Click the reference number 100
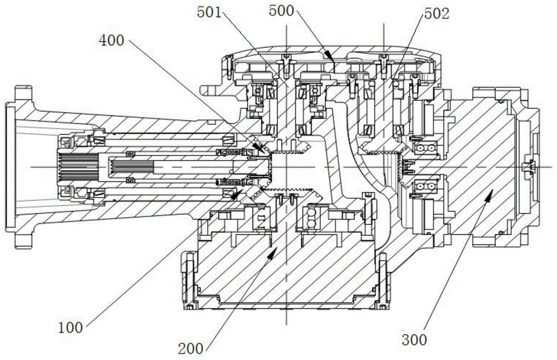(71, 328)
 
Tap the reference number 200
(192, 349)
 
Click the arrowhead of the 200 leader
(275, 251)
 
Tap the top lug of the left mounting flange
(22, 93)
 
